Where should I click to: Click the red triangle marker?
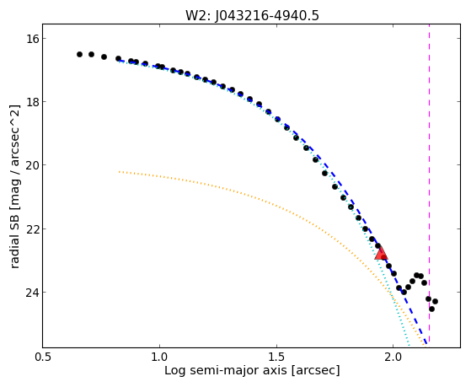(381, 253)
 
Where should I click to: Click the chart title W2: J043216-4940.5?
(252, 15)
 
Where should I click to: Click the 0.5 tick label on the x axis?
(43, 357)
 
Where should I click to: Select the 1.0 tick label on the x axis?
(159, 357)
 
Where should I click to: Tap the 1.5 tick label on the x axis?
(276, 357)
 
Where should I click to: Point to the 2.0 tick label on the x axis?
(393, 357)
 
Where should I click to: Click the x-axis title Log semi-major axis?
(225, 371)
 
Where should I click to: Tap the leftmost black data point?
(79, 55)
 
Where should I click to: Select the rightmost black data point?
(435, 301)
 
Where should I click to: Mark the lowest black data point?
(431, 309)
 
